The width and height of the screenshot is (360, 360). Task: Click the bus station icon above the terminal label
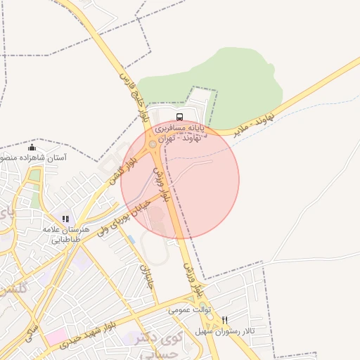[179, 117]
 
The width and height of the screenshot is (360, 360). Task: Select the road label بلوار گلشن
[120, 167]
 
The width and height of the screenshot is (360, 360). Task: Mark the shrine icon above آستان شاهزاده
[32, 148]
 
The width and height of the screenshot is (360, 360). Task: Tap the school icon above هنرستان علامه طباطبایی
[66, 219]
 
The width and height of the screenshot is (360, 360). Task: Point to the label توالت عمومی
[188, 309]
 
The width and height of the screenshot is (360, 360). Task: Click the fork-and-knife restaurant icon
[224, 320]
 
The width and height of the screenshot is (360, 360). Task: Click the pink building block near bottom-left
[56, 336]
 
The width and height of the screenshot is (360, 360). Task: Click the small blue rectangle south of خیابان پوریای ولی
[131, 240]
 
